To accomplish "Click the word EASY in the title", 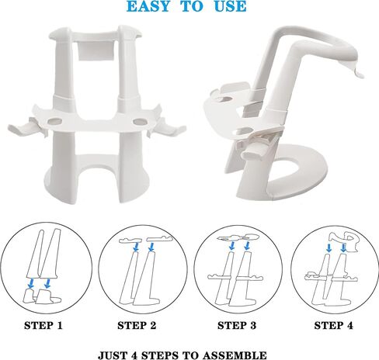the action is point(148,6).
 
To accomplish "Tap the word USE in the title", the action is point(230,6).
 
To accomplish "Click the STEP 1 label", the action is point(43,326).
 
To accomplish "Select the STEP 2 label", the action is point(137,326).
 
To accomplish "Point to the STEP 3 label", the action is point(237,326).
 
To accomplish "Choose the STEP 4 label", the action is point(334,326).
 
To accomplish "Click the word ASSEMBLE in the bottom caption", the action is point(235,355).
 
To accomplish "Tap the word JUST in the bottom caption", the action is point(113,355).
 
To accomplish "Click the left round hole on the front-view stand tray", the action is point(55,122).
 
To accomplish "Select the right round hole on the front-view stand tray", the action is point(140,122).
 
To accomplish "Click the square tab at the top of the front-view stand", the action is point(96,50).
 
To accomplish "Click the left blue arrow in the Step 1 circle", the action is point(31,283).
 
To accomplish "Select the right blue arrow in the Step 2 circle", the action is point(151,247).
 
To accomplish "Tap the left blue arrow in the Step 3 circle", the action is point(232,246).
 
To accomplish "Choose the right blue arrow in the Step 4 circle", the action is point(343,247).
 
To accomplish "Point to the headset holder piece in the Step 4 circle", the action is point(344,239).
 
